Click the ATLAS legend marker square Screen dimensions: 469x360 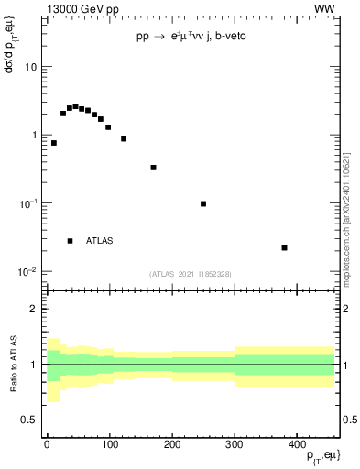pyautogui.click(x=70, y=241)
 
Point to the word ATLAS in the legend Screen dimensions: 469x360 pyautogui.click(x=100, y=241)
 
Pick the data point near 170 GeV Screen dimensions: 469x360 pyautogui.click(x=153, y=168)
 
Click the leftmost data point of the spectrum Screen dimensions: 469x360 pyautogui.click(x=54, y=143)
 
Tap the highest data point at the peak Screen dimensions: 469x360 pyautogui.click(x=75, y=106)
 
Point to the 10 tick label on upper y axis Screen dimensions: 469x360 pyautogui.click(x=30, y=67)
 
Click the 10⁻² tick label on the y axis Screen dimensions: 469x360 pyautogui.click(x=27, y=271)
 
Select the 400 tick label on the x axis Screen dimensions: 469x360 pyautogui.click(x=297, y=443)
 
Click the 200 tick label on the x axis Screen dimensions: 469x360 pyautogui.click(x=171, y=443)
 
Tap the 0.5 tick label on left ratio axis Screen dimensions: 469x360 pyautogui.click(x=29, y=420)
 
